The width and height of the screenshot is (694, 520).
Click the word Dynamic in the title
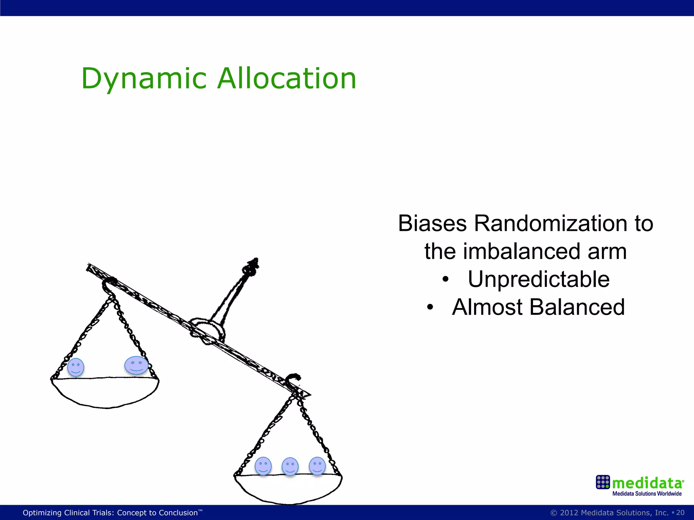pyautogui.click(x=144, y=79)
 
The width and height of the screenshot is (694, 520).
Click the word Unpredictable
pyautogui.click(x=539, y=279)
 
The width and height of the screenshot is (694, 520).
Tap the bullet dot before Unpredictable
pyautogui.click(x=446, y=280)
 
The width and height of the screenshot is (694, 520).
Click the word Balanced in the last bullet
pyautogui.click(x=577, y=307)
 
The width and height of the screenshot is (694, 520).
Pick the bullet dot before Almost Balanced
pyautogui.click(x=430, y=308)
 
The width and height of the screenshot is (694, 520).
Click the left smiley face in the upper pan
pyautogui.click(x=76, y=367)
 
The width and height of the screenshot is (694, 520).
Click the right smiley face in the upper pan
pyautogui.click(x=136, y=365)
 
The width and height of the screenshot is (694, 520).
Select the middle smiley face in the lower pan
pyautogui.click(x=290, y=467)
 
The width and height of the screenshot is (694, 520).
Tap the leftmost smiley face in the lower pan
pyautogui.click(x=263, y=466)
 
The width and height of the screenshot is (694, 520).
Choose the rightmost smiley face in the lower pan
pyautogui.click(x=317, y=465)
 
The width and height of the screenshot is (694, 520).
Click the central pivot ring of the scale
pyautogui.click(x=207, y=330)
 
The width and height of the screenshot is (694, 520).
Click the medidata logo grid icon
pyautogui.click(x=603, y=482)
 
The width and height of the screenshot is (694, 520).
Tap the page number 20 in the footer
pyautogui.click(x=680, y=513)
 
